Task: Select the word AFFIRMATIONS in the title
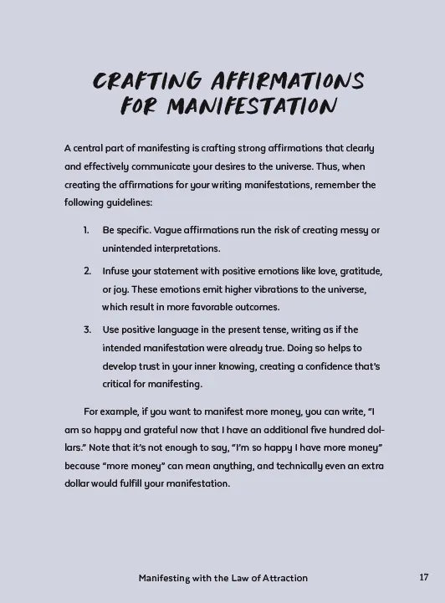tap(292, 82)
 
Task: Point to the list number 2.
tap(87, 271)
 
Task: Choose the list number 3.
tap(87, 330)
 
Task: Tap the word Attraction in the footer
tap(279, 578)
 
